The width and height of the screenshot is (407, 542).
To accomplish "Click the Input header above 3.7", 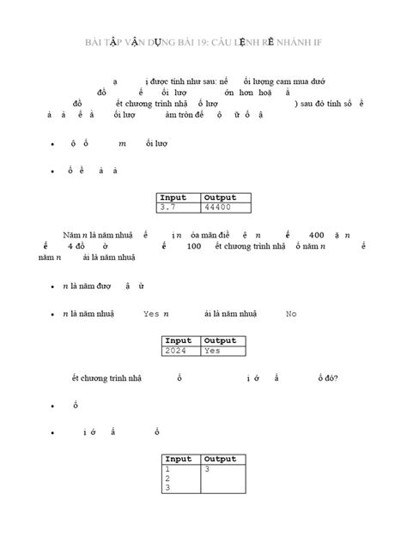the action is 173,197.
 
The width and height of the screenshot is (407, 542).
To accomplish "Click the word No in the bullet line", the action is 291,314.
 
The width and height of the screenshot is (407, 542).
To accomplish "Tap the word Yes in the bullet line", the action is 151,314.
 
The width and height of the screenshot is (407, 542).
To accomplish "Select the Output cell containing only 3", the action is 208,469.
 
